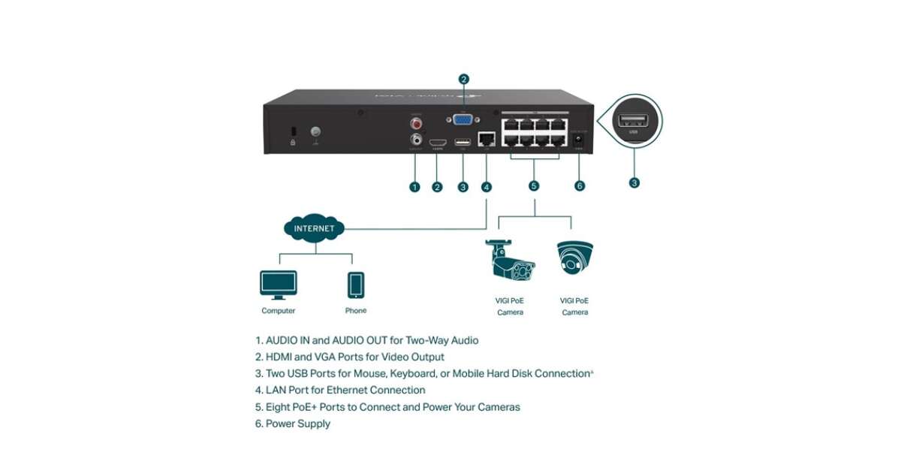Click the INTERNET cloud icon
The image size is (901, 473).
pos(315,228)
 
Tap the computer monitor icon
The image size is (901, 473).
pos(278,285)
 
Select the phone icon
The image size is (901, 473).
pos(356,285)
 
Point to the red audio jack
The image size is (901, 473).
pos(415,123)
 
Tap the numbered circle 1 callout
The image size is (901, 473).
pos(414,186)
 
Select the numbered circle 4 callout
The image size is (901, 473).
pos(487,186)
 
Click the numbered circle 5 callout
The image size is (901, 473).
pos(535,186)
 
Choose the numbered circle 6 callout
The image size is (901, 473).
pos(579,186)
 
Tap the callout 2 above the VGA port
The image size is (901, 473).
pos(464,79)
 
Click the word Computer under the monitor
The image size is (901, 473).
pos(278,311)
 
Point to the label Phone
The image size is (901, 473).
pos(356,310)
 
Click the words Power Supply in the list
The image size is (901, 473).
pos(298,424)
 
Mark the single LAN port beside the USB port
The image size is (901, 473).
pos(487,140)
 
